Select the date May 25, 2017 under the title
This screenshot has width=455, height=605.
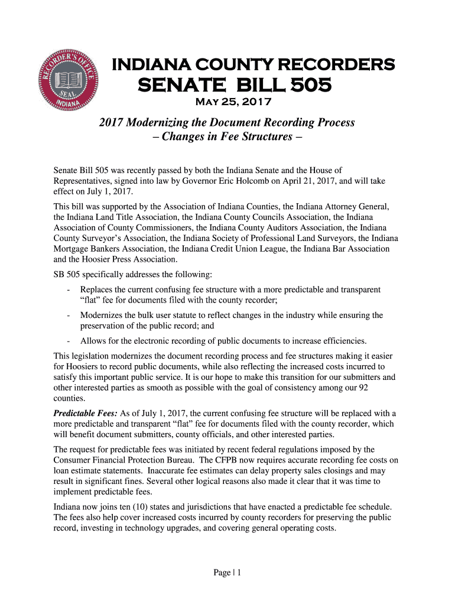click(233, 102)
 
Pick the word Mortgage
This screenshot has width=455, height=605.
click(73, 249)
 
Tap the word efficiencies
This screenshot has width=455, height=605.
click(341, 341)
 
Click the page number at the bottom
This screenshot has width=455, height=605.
click(226, 573)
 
